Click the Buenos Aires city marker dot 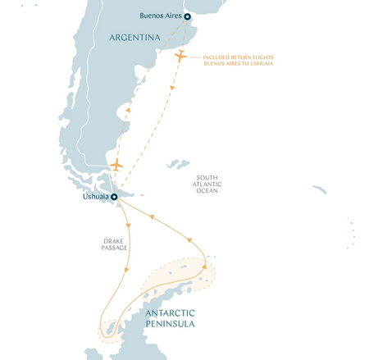[187, 16]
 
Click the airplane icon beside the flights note [181, 56]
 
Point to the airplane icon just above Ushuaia [116, 166]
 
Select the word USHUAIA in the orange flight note [262, 63]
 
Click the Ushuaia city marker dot [115, 197]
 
